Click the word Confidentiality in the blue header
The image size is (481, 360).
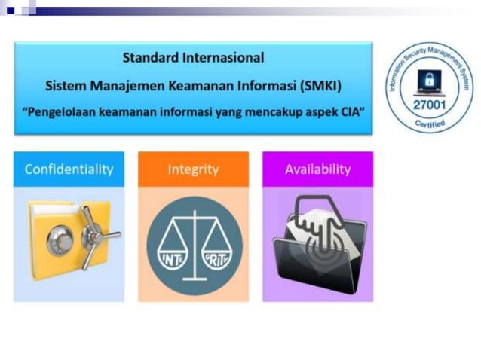[69, 169]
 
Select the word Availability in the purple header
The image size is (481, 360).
[317, 169]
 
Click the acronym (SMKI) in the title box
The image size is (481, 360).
[321, 86]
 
